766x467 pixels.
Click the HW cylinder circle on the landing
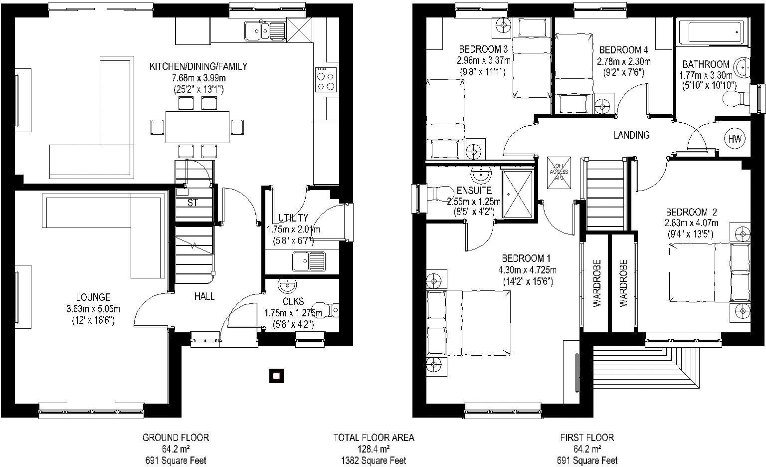pyautogui.click(x=735, y=139)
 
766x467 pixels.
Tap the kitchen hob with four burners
pyautogui.click(x=326, y=80)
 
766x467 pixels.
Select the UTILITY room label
pyautogui.click(x=293, y=218)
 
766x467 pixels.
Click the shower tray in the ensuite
pyautogui.click(x=517, y=195)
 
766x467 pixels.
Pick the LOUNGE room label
pyautogui.click(x=93, y=298)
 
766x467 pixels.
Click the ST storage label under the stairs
pyautogui.click(x=192, y=203)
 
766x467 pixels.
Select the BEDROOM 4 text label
pyautogui.click(x=623, y=50)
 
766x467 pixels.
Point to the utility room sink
pyautogui.click(x=309, y=259)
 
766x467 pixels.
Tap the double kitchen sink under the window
pyautogui.click(x=264, y=31)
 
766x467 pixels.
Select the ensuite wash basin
pyautogui.click(x=481, y=175)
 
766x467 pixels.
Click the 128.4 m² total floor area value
pyautogui.click(x=374, y=449)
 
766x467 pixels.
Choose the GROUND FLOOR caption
pyautogui.click(x=176, y=438)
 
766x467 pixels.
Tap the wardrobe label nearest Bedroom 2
pyautogui.click(x=623, y=282)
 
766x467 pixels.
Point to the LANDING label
pyautogui.click(x=631, y=135)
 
